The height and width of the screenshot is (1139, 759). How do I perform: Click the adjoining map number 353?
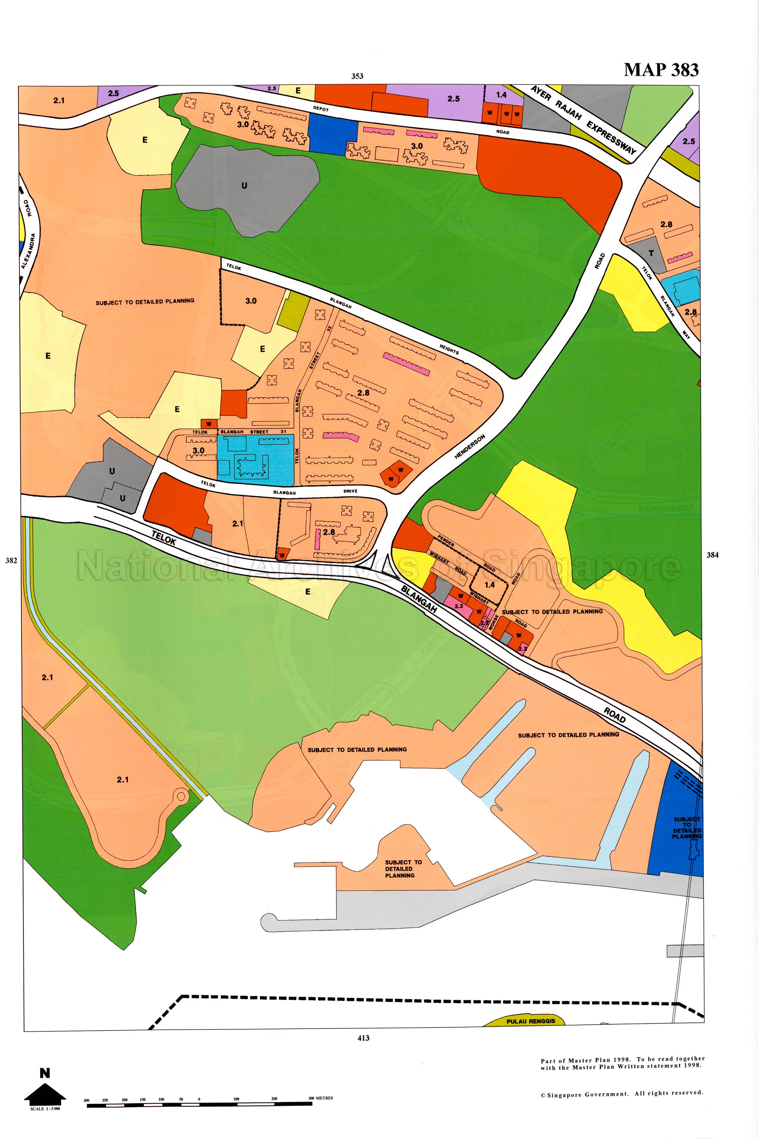coord(357,76)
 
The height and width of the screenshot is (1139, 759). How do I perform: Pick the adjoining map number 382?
coord(11,560)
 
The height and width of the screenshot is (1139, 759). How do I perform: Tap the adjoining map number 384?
coord(712,555)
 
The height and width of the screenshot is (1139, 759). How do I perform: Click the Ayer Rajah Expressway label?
coord(583,120)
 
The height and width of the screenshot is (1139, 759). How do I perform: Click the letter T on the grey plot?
coord(651,253)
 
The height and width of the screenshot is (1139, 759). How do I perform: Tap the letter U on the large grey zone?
coord(244,185)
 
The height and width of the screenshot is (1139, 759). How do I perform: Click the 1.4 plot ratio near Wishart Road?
coord(489,584)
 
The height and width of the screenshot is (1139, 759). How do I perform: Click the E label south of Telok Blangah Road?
coord(308,591)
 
